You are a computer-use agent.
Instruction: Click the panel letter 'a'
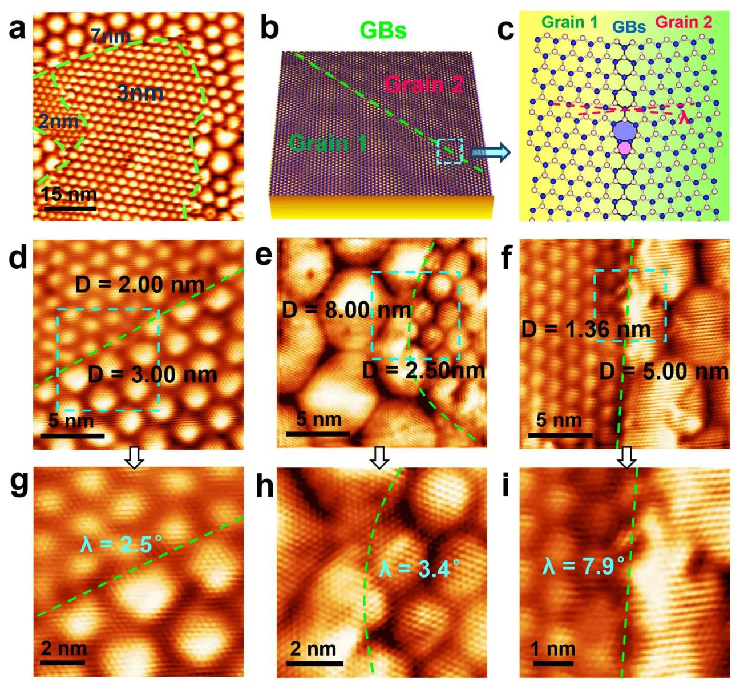coord(17,29)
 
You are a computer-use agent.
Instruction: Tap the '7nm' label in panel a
coord(111,37)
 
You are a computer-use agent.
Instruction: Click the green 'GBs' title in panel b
coord(383,30)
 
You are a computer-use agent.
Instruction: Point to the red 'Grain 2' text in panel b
coord(423,84)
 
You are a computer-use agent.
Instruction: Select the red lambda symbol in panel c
coord(684,118)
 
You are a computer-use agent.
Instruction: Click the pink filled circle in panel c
coord(625,148)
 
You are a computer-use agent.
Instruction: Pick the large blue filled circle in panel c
coord(626,131)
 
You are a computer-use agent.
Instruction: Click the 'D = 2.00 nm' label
coord(140,284)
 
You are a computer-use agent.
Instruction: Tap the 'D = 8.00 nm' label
coord(346,310)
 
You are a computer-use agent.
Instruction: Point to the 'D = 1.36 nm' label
coord(586,329)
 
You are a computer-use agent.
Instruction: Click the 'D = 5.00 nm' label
coord(664,372)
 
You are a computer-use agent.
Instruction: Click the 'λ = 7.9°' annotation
coord(583,566)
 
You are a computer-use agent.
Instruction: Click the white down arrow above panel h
coord(379,457)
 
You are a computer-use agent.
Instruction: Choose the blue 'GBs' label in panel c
coord(629,26)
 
